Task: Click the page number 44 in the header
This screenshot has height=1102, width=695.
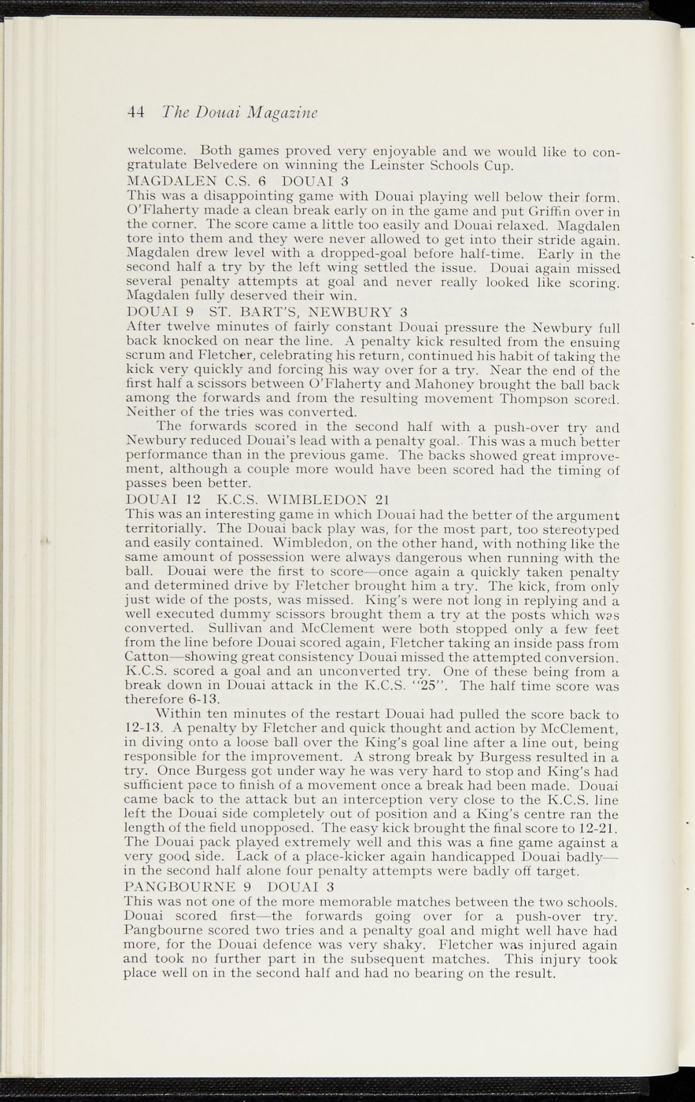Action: point(136,111)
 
